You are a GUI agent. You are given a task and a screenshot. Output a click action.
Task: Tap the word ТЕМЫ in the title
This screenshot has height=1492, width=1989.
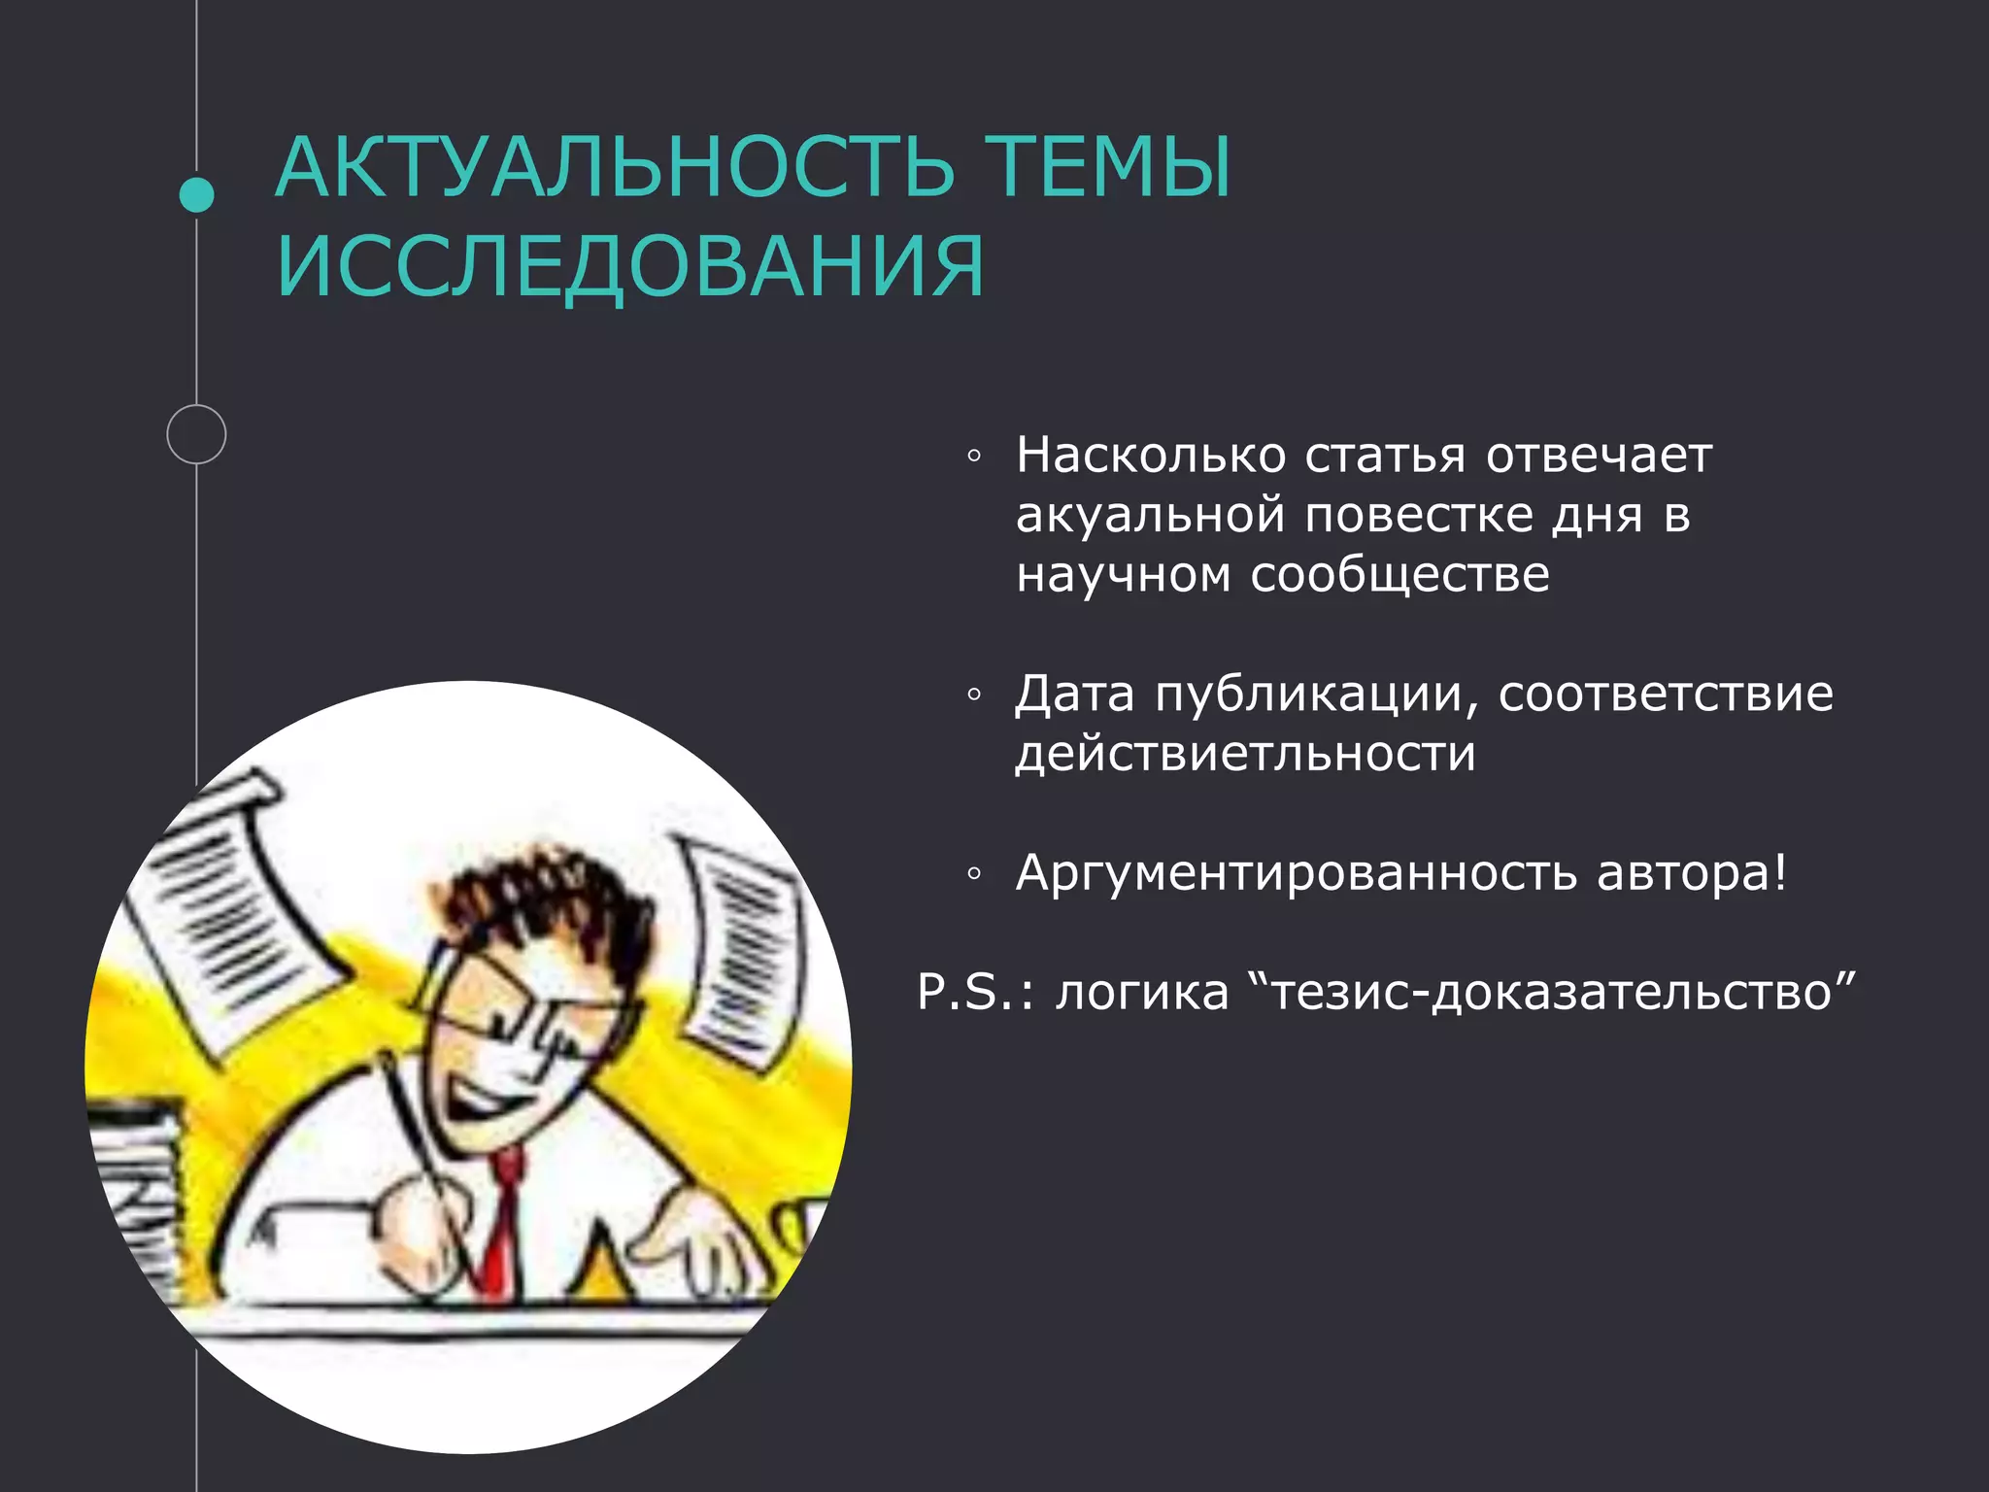1108,167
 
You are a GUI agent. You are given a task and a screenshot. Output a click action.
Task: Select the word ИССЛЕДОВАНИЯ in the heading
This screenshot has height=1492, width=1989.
630,266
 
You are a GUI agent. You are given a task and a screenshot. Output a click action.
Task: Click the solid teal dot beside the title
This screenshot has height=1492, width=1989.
197,195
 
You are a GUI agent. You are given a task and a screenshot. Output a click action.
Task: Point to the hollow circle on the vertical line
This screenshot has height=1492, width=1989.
196,434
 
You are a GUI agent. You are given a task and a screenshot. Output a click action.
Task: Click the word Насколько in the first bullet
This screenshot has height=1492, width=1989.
1151,455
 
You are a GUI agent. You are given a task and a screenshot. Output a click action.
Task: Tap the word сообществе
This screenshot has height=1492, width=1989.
1399,575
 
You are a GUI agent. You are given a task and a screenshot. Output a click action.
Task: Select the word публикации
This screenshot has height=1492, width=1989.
1317,695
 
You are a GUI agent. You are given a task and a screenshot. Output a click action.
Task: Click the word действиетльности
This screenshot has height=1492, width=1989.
1245,754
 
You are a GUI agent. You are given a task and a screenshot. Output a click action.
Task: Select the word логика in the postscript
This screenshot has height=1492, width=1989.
1142,992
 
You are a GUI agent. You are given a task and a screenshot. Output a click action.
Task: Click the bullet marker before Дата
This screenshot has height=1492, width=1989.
974,695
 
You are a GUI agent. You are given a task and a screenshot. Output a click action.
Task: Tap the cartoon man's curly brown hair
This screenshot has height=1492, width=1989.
544,894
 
